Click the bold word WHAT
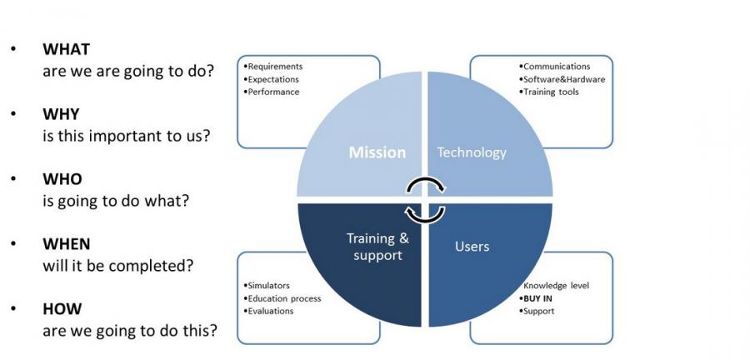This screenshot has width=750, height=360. coord(66,49)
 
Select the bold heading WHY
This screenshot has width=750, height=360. coord(61,114)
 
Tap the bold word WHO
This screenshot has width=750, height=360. coord(62,179)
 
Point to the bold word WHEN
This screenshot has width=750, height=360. coord(67,244)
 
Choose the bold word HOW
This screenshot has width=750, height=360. coord(62,309)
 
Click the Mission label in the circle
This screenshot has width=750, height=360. coord(377,152)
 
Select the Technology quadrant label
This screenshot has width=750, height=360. coord(472,153)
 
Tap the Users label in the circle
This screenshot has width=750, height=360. coord(472,247)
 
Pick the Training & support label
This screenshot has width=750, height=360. coord(377,247)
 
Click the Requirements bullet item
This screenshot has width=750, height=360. coord(273,67)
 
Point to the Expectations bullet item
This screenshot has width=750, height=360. coord(271,79)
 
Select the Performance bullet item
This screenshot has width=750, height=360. coord(271,92)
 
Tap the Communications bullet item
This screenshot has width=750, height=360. coord(555,67)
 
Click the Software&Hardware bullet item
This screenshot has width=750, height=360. coord(562,79)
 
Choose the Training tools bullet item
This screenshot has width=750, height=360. coord(549,92)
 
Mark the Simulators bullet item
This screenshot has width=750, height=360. coord(267,286)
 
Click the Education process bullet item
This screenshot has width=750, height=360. coord(282,298)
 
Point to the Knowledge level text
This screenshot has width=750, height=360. coord(557,286)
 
